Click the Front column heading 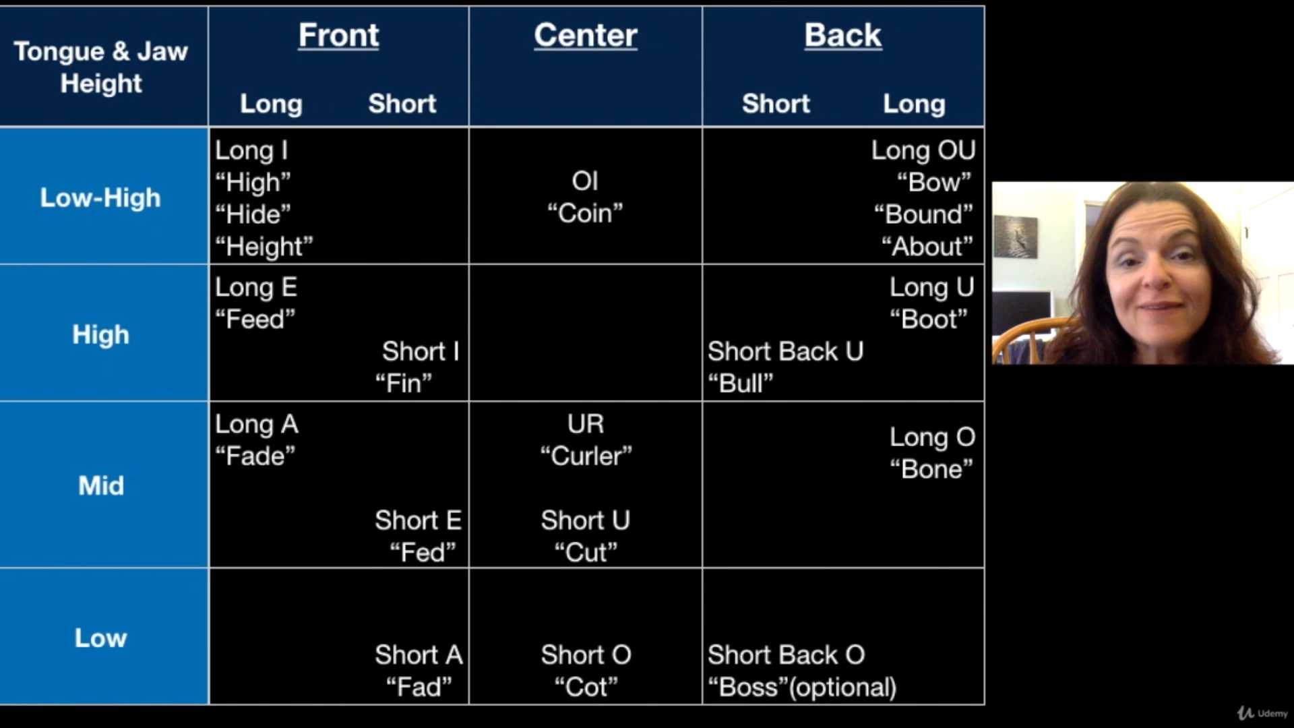tap(338, 35)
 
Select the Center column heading tap(585, 35)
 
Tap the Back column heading tap(842, 35)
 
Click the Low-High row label tap(100, 198)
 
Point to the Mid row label tap(101, 485)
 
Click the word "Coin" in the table tap(585, 213)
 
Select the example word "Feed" tap(255, 319)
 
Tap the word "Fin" tap(403, 383)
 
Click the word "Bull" tap(740, 383)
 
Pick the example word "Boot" tap(928, 319)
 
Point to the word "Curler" tap(586, 456)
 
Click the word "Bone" tap(931, 468)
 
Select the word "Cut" tap(585, 552)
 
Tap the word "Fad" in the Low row tap(419, 687)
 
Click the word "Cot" tap(585, 687)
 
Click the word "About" tap(927, 246)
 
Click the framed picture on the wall tap(1016, 236)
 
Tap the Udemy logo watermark tap(1262, 713)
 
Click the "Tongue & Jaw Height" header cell tap(101, 67)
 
